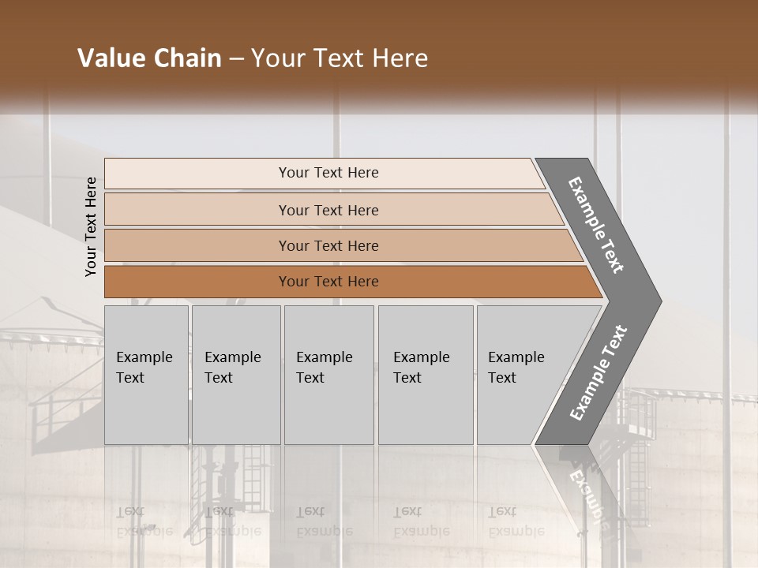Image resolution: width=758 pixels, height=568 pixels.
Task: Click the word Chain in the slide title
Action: click(187, 58)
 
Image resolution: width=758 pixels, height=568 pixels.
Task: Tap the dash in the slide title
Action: click(236, 59)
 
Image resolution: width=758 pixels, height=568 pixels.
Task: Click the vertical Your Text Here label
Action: click(91, 226)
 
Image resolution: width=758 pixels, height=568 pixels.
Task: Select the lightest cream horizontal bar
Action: click(328, 173)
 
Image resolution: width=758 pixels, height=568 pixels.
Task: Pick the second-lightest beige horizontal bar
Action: click(328, 210)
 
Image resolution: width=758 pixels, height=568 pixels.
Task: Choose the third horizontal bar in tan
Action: click(328, 245)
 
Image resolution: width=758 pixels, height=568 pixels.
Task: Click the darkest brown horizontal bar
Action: click(328, 282)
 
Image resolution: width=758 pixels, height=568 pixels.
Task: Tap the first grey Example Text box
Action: click(146, 375)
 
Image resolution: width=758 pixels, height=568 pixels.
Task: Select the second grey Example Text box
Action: click(235, 375)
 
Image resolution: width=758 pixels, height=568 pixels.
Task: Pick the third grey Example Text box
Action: click(328, 375)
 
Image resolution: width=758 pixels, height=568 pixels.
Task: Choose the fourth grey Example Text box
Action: click(425, 375)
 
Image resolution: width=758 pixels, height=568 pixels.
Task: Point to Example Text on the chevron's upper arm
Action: click(596, 225)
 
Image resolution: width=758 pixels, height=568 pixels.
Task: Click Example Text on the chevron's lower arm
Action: click(598, 373)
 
